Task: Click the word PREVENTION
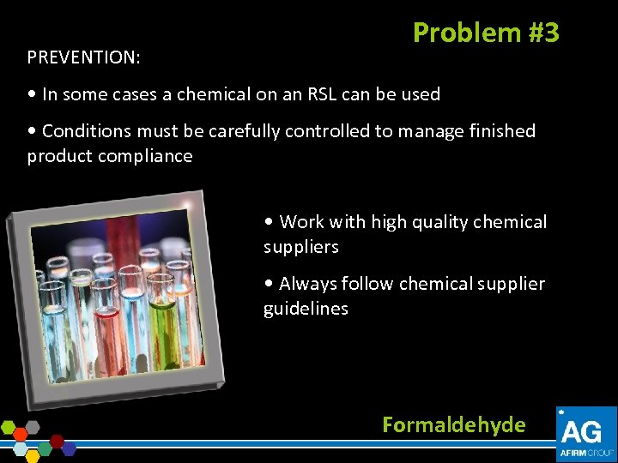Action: (82, 57)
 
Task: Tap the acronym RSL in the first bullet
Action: (321, 94)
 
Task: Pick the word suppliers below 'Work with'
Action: (300, 247)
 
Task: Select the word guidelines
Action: (306, 309)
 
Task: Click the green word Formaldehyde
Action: (453, 424)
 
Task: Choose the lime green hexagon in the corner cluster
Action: (9, 426)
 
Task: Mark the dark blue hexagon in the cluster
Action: (69, 448)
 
